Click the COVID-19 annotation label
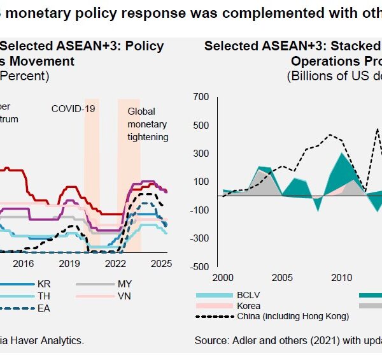coord(73,109)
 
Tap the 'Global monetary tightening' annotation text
coord(148,124)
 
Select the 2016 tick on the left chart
coord(23,263)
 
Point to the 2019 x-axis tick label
coord(69,263)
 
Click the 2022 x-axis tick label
coord(115,263)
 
